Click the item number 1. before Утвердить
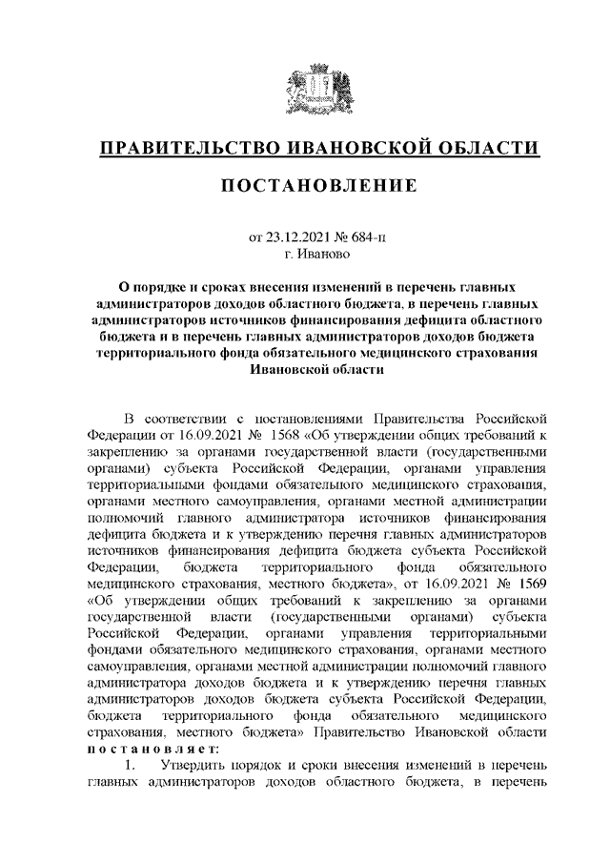tap(134, 765)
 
